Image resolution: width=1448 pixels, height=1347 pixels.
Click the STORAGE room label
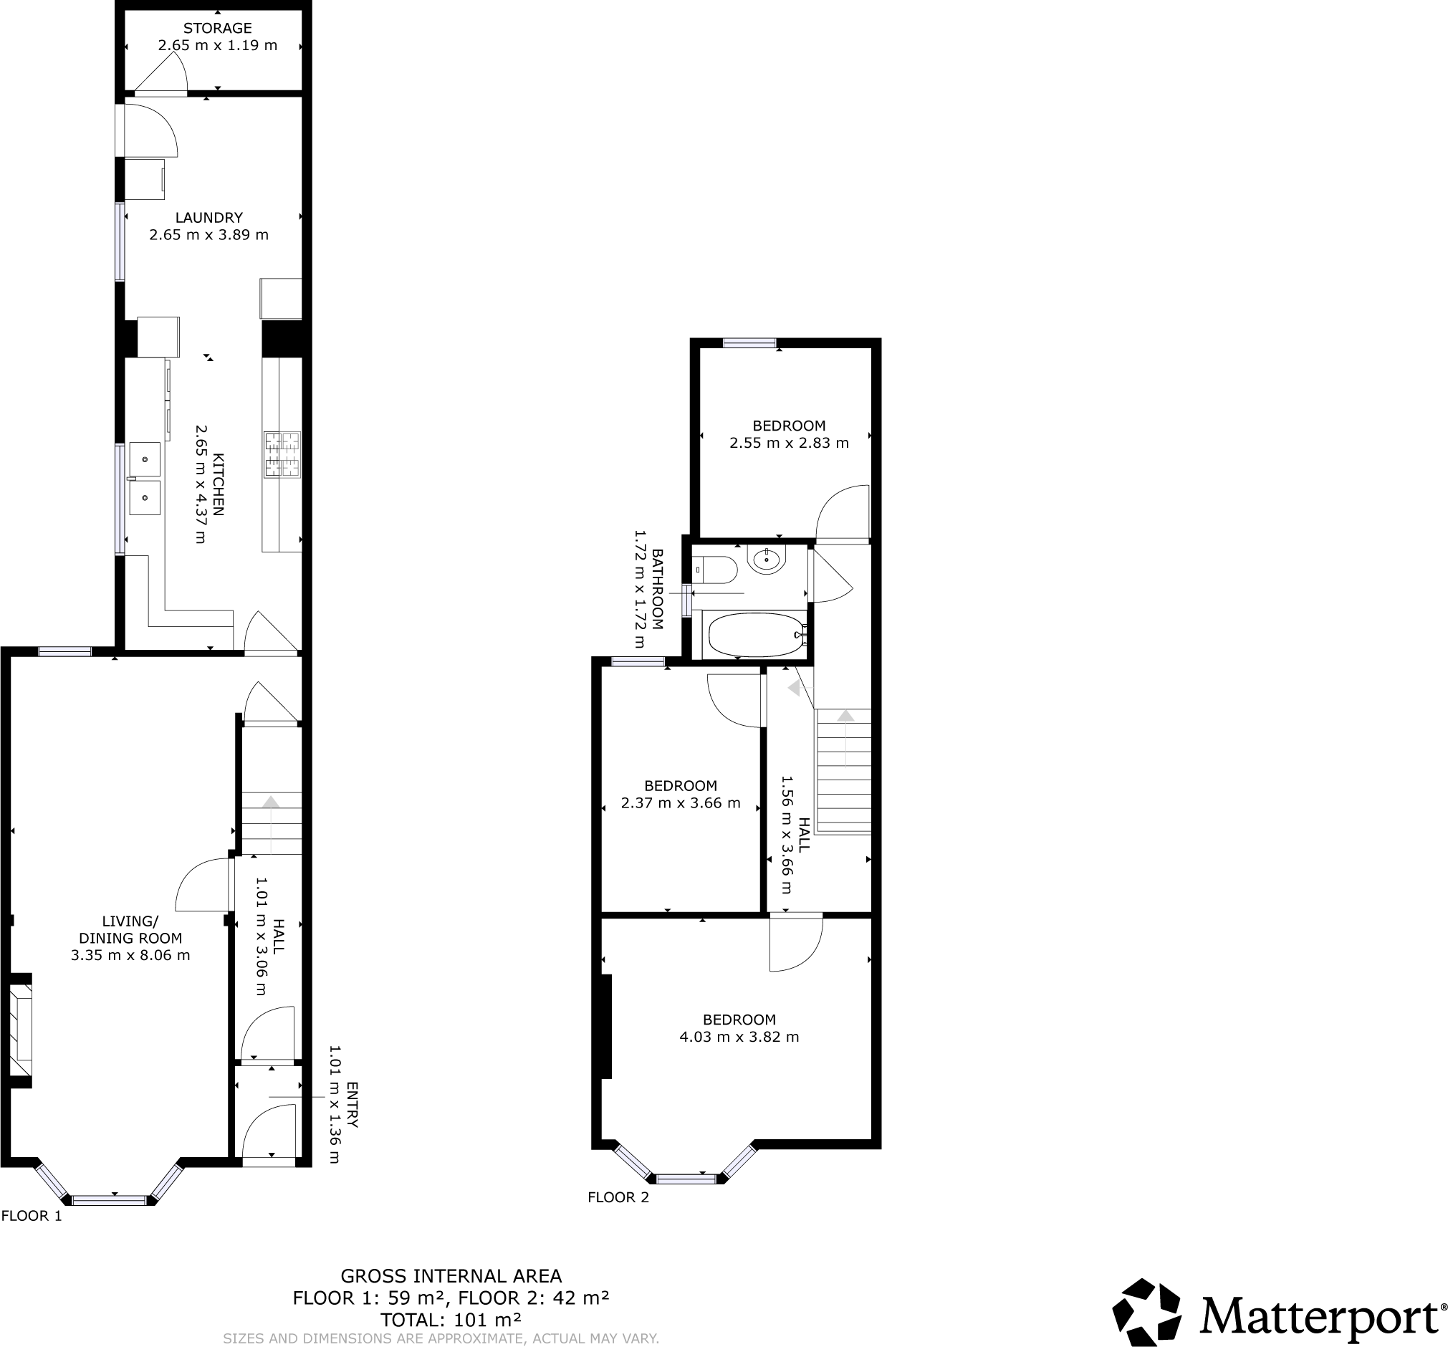217,29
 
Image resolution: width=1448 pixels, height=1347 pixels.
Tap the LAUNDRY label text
209,217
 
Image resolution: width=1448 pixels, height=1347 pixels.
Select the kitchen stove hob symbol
282,454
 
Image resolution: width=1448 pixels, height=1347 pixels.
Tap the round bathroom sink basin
767,560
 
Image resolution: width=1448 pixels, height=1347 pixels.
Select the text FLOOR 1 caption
32,1216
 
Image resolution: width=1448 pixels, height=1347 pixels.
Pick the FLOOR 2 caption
618,1197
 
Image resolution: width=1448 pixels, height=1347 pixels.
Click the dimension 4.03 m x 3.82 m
739,1037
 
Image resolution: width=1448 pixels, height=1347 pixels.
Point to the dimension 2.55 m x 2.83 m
789,443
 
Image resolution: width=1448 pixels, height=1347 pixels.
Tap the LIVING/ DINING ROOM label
130,929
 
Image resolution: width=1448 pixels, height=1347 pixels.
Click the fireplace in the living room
21,1031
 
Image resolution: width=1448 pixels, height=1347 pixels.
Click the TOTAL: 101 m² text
451,1320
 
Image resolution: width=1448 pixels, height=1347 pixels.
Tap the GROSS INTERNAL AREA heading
451,1276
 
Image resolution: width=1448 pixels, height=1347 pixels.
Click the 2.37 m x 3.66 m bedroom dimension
681,803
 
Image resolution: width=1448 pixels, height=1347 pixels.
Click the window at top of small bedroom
749,343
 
